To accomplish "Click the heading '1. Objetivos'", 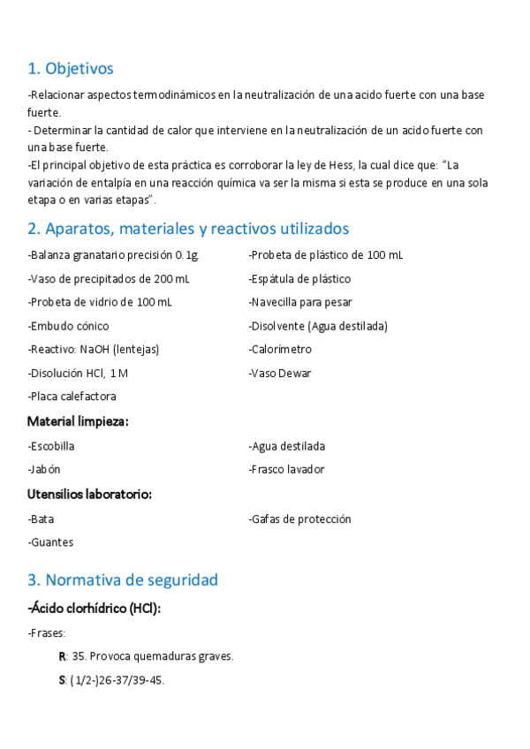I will click(71, 68).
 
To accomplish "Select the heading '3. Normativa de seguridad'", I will click(123, 580).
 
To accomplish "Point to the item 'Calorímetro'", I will click(280, 350).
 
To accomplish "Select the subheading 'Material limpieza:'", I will click(78, 421).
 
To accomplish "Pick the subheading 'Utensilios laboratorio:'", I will click(89, 495).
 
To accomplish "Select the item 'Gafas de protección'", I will click(300, 519).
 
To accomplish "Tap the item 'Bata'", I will click(42, 519).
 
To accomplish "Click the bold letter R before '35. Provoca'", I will click(62, 656).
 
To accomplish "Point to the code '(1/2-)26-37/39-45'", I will click(117, 680).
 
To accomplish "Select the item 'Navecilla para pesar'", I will click(300, 302).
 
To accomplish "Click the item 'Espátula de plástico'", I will click(299, 279).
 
